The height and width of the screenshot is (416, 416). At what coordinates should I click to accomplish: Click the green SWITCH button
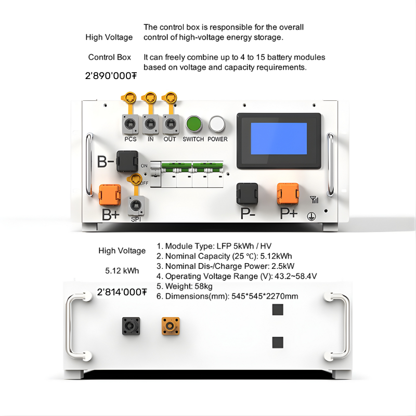point(193,124)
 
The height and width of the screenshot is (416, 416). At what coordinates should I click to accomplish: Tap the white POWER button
point(217,124)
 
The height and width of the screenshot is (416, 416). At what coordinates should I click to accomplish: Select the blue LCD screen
point(279,138)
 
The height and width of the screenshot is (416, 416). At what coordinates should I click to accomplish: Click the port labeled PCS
point(131,124)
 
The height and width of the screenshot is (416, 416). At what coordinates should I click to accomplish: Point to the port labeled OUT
point(171,124)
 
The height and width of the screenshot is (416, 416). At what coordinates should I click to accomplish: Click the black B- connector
point(127,161)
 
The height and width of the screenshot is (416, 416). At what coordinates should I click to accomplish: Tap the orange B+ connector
point(110,195)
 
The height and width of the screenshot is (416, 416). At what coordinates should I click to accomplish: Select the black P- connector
point(247,193)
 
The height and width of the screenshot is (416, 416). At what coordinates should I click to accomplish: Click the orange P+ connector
point(288,193)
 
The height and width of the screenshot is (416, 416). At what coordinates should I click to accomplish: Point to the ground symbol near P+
point(311,216)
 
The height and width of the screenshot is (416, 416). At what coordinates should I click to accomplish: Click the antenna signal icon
point(314,200)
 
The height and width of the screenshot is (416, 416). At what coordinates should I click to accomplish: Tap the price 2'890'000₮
point(111,76)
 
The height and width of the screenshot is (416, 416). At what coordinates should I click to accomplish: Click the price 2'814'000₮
point(122,292)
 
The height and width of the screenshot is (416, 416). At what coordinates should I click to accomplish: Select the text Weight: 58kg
point(189,287)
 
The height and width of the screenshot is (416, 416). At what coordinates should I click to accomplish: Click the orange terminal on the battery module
point(171,326)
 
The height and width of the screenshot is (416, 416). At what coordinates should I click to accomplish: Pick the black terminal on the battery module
point(131,326)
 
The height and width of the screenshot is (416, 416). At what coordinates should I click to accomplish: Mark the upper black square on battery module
point(278,309)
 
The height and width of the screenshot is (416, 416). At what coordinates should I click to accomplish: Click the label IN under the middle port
point(150,139)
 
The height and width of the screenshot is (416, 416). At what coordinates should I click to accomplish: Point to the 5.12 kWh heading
point(122,270)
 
